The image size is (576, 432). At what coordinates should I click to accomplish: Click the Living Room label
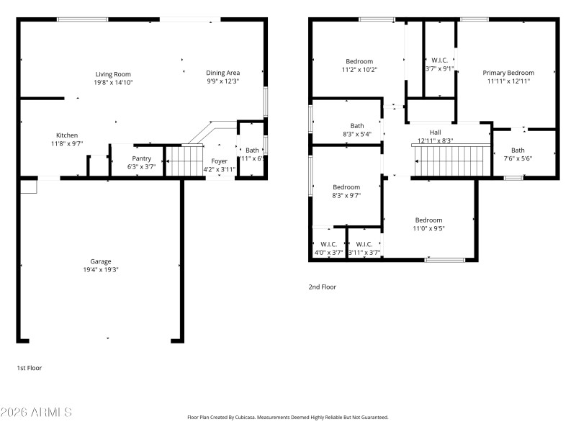113,73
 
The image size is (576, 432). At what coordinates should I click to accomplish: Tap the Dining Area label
222,73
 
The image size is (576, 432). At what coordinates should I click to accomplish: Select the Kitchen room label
67,135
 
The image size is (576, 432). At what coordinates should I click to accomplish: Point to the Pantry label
141,158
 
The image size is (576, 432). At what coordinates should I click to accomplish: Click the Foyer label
219,161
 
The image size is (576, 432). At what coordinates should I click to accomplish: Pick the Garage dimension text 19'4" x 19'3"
100,270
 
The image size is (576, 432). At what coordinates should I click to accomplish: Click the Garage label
100,261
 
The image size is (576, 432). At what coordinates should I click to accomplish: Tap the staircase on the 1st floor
181,161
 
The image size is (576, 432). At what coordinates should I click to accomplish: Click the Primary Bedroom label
508,73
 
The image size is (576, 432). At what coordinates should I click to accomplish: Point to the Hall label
435,132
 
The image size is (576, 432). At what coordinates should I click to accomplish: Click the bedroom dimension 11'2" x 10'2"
359,70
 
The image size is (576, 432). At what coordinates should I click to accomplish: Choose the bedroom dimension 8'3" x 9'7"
346,195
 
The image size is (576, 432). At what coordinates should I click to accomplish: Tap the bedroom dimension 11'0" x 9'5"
428,229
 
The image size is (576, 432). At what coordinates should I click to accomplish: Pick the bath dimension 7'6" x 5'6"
518,158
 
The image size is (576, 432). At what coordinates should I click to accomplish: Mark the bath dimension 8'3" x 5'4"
357,134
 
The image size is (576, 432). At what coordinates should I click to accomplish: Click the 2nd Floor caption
322,287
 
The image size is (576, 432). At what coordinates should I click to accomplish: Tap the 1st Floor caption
30,368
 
